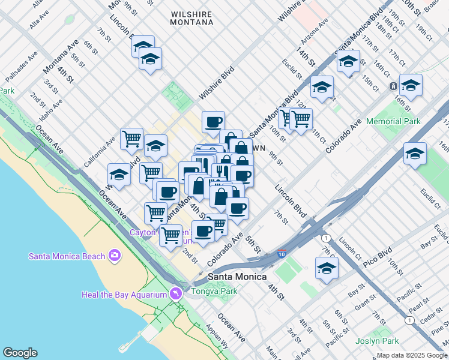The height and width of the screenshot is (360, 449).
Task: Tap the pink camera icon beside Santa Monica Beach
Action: (114, 256)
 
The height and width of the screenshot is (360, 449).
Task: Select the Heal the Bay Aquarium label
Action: (124, 295)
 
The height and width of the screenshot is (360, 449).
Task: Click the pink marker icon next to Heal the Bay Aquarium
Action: (175, 293)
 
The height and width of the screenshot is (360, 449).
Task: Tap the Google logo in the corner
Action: (20, 353)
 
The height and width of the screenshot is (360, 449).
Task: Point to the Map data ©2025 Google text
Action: (412, 355)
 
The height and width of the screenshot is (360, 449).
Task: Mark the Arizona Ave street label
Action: (315, 31)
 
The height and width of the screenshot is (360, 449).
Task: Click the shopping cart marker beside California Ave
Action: (131, 139)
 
